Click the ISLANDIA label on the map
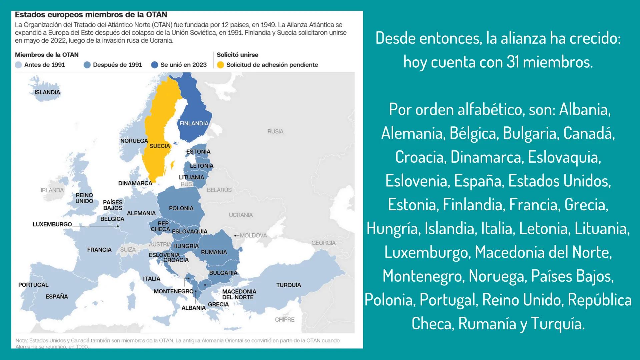(47, 92)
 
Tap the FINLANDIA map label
(194, 123)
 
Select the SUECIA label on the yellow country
(160, 146)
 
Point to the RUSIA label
(275, 131)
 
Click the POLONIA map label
(181, 208)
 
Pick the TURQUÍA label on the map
(288, 285)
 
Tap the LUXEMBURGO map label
(52, 224)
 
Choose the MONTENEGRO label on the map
(173, 291)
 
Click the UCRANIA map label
(240, 215)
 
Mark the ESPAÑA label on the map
(57, 296)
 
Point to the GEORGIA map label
(323, 243)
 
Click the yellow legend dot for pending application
(220, 65)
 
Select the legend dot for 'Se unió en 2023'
(154, 65)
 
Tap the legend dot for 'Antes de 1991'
(19, 65)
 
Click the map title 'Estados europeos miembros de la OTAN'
(91, 15)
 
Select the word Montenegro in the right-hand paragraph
(422, 276)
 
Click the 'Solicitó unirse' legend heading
(237, 55)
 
